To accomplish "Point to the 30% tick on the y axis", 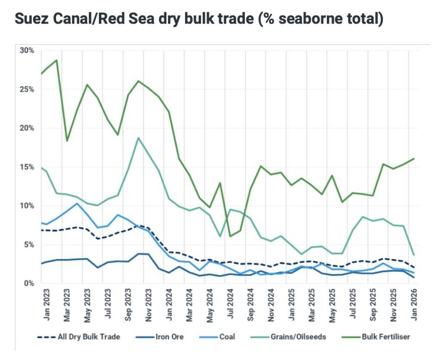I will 27,50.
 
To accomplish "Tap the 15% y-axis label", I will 27,167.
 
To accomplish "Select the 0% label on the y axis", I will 28,283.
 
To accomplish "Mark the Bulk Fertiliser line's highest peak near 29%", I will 56,60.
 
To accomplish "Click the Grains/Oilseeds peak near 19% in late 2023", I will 138,138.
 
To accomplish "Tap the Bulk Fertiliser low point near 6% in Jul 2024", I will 230,236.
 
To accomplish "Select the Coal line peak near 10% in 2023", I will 77,203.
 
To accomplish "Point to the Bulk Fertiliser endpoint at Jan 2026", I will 413,159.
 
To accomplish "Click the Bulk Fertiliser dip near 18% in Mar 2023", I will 67,141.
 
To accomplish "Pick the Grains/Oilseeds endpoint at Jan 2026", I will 413,255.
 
